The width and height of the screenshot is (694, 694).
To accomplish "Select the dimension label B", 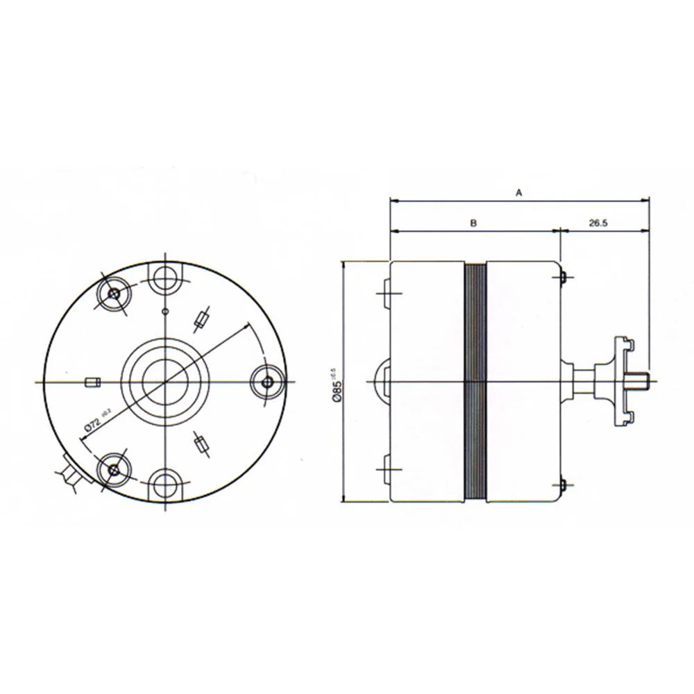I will click(x=473, y=223).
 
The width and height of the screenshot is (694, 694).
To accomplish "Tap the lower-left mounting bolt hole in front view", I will click(x=113, y=470).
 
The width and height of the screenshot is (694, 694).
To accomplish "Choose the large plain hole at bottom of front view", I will click(x=165, y=483).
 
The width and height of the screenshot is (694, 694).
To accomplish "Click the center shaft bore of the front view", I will click(x=165, y=381).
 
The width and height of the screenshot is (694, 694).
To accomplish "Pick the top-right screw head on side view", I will click(x=564, y=278).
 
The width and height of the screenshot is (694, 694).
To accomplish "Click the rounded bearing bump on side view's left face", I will click(x=382, y=381).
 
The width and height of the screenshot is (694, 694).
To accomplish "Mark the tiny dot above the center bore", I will click(x=164, y=310).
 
